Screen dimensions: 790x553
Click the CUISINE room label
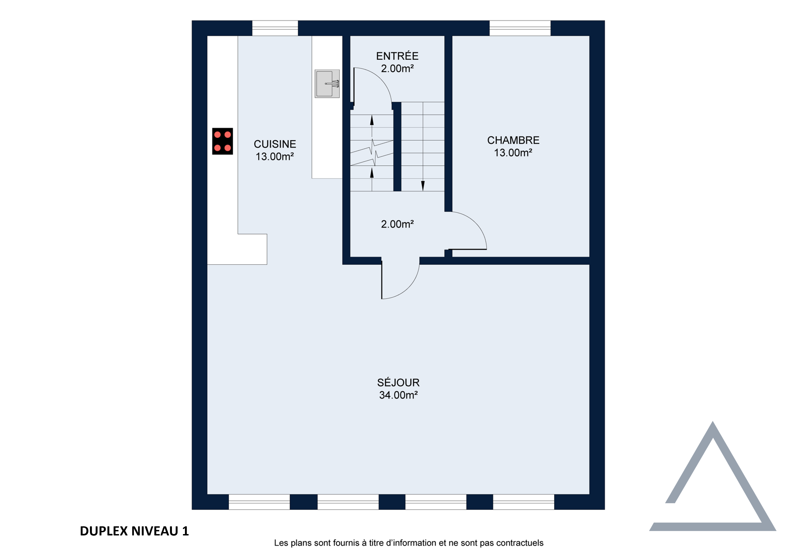275,144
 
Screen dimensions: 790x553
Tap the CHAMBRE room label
513,140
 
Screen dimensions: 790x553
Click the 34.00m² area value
398,395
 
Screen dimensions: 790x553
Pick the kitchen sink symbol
327,83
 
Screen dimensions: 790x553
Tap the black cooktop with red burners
222,141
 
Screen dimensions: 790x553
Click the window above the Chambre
520,28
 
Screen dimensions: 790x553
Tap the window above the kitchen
275,28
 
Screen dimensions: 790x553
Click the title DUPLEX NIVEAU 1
134,531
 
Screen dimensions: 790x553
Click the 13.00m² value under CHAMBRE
513,153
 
